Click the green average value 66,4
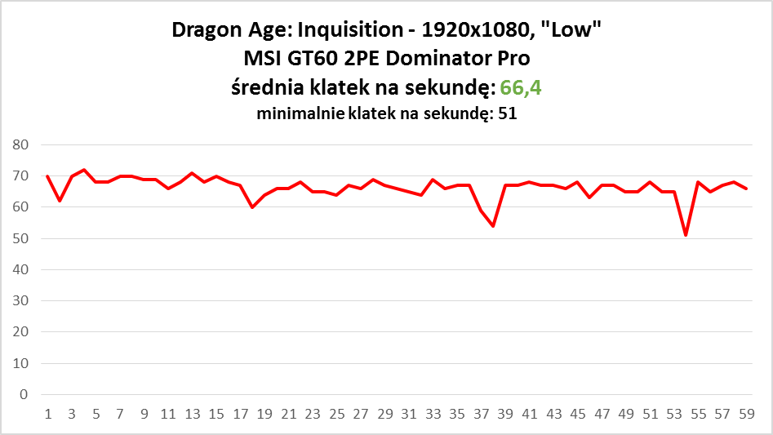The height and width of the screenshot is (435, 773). tap(521, 87)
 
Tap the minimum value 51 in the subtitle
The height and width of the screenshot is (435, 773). tap(507, 114)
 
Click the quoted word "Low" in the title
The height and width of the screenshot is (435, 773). tap(577, 32)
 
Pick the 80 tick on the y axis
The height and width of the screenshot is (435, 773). tap(20, 145)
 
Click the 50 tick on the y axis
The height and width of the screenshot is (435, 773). tap(20, 238)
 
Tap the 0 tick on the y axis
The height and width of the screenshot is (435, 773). tap(24, 394)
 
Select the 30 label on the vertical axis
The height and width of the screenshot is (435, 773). tap(20, 301)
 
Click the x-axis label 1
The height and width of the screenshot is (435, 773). tap(48, 414)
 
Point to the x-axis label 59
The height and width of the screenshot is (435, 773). tap(745, 414)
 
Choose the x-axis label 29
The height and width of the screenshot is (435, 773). tap(385, 414)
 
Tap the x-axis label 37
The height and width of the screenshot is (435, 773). tap(481, 414)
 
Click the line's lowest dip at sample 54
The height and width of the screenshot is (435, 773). tap(686, 235)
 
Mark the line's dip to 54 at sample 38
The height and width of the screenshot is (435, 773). tap(493, 226)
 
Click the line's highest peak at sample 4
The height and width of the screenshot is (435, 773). tap(84, 170)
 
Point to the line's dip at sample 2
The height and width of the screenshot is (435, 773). tap(60, 201)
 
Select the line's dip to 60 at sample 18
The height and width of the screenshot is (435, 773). tap(252, 207)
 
